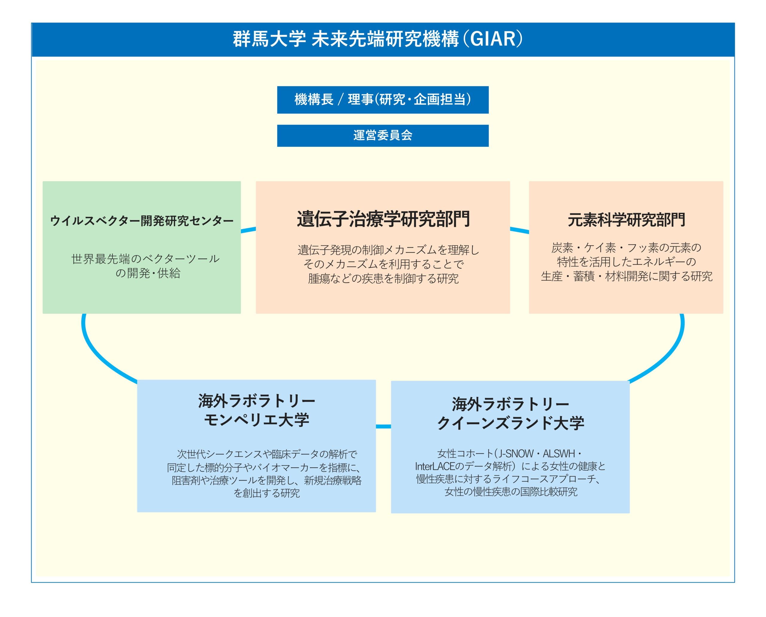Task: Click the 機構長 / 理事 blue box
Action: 383,100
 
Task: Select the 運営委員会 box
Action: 383,135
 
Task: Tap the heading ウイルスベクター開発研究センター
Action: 142,221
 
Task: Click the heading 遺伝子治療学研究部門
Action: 383,219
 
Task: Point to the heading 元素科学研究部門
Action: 626,220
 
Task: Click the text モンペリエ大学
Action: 256,420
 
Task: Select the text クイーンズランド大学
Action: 510,423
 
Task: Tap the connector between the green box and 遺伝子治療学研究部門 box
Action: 248,230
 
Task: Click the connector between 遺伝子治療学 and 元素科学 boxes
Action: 519,230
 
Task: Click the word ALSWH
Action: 559,454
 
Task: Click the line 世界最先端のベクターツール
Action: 145,259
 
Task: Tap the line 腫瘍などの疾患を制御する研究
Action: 383,278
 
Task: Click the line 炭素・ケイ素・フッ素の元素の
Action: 626,248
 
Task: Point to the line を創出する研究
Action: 267,493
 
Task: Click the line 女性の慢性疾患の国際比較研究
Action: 511,492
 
